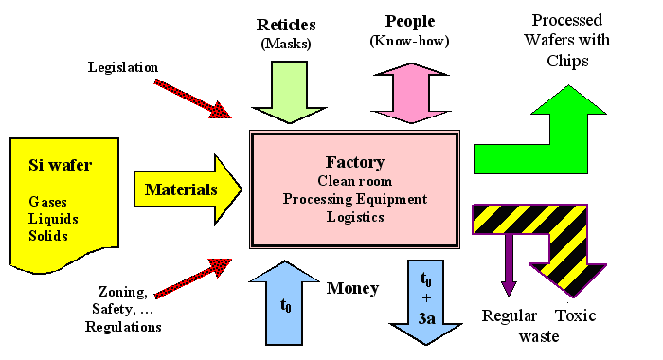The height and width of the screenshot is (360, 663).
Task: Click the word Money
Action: [x=352, y=288]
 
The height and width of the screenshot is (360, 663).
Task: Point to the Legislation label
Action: [x=123, y=66]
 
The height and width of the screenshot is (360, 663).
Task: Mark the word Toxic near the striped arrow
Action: [x=575, y=315]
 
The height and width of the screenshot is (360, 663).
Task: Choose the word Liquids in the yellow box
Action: [x=53, y=220]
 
